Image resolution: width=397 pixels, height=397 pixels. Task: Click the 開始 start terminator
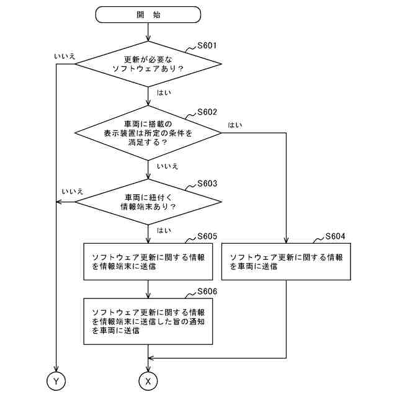tap(148, 14)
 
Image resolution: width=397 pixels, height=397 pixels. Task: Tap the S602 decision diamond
tap(148, 132)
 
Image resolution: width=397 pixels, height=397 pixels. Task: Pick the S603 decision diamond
tap(148, 202)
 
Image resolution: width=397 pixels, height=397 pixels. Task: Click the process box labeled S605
tap(148, 261)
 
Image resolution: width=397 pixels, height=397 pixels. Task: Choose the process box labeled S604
tap(286, 261)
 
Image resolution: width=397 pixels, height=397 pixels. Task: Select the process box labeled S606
tap(148, 321)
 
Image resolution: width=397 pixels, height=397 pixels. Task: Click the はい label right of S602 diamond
tap(235, 125)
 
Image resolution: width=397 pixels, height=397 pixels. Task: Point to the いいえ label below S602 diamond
tap(167, 166)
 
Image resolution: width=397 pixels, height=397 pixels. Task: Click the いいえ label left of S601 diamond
tap(65, 57)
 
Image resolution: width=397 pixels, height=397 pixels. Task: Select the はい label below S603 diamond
tap(164, 231)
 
